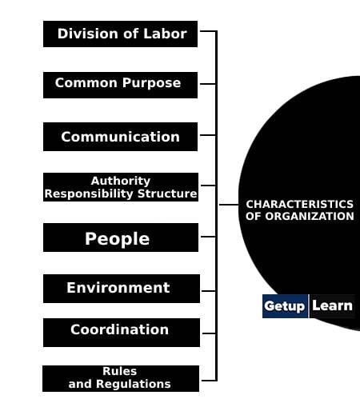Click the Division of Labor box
click(120, 34)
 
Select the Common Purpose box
click(120, 85)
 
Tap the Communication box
click(120, 137)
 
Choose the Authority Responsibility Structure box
click(121, 187)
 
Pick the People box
click(121, 237)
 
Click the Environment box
click(122, 289)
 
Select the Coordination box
click(122, 333)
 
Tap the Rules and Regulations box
click(121, 378)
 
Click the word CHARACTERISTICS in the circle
click(299, 205)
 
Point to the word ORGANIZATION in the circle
click(310, 216)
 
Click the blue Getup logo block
click(285, 306)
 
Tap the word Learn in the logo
click(332, 305)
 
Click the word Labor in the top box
click(165, 34)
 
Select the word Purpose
click(151, 83)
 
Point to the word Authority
click(121, 182)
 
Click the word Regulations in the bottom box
click(134, 385)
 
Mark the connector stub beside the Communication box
click(208, 135)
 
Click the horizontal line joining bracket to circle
click(229, 205)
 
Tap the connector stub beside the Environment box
click(208, 291)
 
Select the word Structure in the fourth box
click(167, 194)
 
